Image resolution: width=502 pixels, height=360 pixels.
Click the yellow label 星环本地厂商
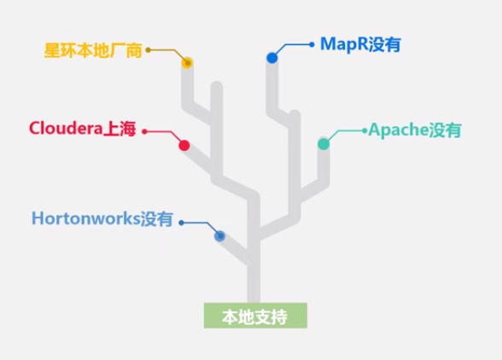click(93, 49)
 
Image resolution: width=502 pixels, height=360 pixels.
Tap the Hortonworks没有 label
click(102, 218)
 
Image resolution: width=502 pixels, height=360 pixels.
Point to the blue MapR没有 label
click(359, 44)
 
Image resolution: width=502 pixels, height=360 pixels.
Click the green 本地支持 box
click(254, 316)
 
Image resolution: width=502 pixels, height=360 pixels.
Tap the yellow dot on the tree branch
click(187, 62)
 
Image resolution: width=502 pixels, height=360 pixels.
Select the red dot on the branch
click(184, 145)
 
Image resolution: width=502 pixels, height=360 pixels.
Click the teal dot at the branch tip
click(324, 144)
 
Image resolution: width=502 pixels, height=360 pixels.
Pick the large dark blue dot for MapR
click(271, 58)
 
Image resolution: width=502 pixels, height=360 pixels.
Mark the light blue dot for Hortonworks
click(219, 235)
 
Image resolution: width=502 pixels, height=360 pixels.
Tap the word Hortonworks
click(85, 218)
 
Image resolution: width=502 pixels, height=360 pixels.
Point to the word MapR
click(341, 44)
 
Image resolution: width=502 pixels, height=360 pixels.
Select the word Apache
click(398, 131)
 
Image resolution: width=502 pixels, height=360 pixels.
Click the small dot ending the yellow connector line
click(148, 50)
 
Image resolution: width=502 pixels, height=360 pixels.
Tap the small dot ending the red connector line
click(144, 131)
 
